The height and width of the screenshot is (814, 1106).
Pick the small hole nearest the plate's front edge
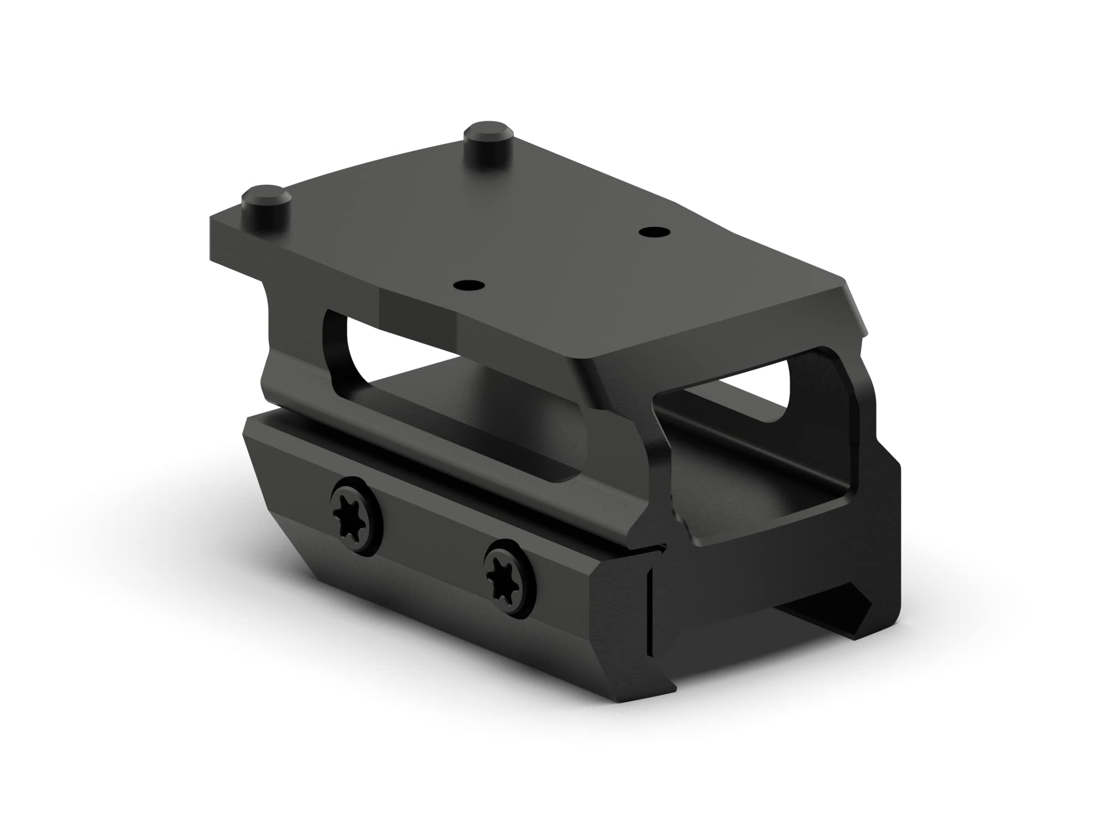pos(468,286)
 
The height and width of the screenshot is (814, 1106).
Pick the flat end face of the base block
pos(774,575)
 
